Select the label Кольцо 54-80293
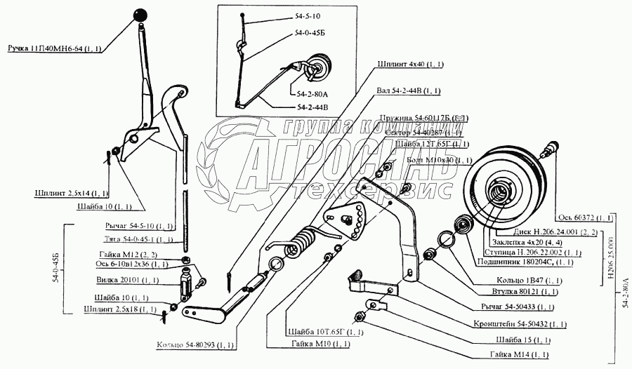pyautogui.click(x=196, y=345)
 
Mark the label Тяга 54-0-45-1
pyautogui.click(x=132, y=239)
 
